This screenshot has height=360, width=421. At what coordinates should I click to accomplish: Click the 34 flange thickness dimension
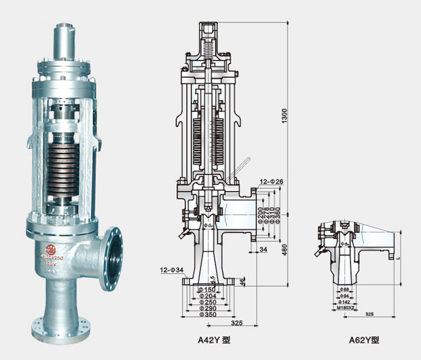click(x=263, y=249)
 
